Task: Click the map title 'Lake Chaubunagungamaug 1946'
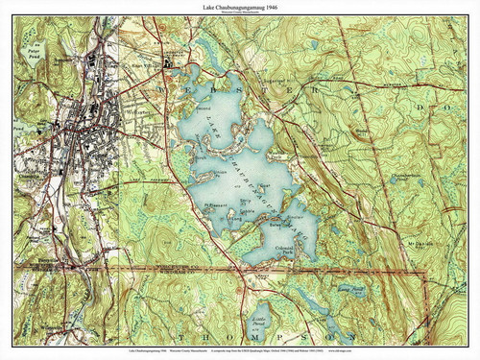pos(240,9)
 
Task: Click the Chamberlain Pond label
pos(404,177)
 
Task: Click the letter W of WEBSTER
pos(164,85)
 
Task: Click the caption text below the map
pos(240,351)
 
